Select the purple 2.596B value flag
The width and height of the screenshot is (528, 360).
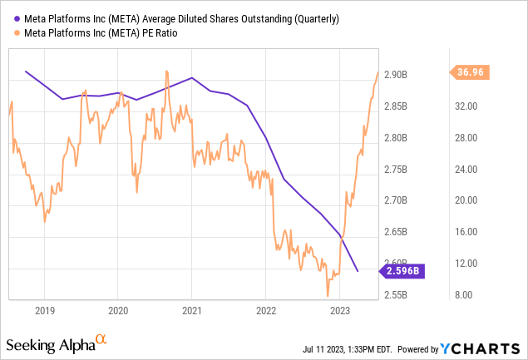pos(402,270)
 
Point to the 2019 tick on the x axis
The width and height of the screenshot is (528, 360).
pos(44,311)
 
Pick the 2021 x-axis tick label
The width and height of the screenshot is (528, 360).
pos(191,311)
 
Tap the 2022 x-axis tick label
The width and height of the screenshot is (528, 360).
pos(265,311)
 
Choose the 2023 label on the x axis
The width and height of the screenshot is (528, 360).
pos(339,311)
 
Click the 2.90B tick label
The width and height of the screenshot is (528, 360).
pos(397,75)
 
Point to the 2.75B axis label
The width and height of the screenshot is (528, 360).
pos(397,169)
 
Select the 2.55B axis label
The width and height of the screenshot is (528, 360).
pos(397,294)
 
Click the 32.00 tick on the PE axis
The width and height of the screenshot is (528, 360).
pos(466,106)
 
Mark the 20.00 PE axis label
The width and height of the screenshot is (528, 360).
pos(466,200)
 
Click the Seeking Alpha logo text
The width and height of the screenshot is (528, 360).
pos(50,345)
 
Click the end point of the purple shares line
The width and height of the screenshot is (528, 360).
pos(358,271)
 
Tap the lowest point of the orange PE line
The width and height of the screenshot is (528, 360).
pos(328,295)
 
